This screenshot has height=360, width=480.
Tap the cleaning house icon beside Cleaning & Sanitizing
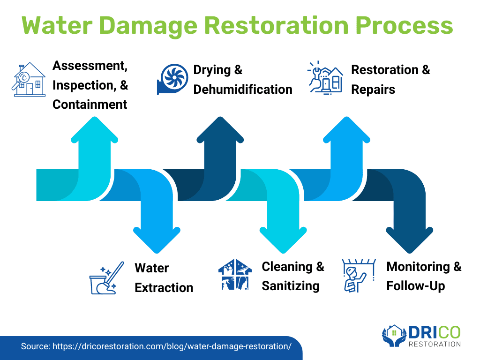coord(235,275)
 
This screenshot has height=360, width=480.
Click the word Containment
coord(90,104)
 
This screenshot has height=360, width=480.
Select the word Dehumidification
coord(242,89)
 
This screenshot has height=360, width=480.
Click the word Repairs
coord(373,89)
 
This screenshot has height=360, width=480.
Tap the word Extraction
coord(164,287)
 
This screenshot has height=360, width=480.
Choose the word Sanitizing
coord(291,285)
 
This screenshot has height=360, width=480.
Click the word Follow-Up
coord(416,285)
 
